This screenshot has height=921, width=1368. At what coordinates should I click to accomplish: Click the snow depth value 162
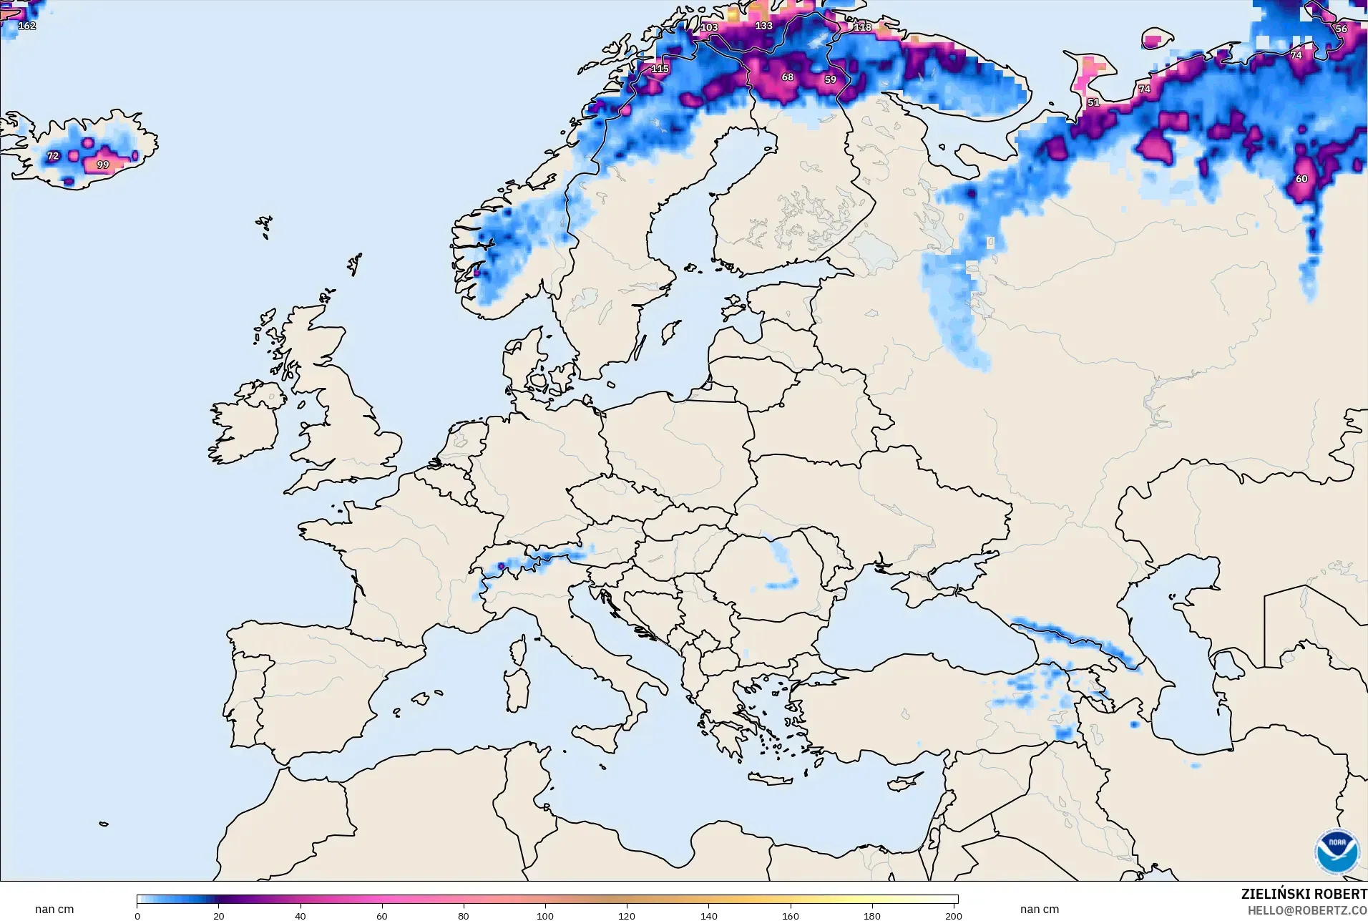26,26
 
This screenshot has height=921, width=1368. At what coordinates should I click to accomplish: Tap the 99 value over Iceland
103,165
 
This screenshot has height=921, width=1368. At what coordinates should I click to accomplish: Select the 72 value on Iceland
53,156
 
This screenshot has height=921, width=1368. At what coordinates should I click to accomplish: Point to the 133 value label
763,26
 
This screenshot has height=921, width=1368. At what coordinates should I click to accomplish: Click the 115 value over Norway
660,69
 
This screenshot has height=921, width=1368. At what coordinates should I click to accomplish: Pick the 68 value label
787,77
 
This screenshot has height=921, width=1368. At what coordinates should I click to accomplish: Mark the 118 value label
862,27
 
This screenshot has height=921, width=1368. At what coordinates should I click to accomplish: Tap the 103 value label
708,27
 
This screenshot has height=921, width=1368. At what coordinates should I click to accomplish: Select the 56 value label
1341,29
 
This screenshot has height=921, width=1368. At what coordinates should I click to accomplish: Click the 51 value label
1093,102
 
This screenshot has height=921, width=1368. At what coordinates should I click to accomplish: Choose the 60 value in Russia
1301,179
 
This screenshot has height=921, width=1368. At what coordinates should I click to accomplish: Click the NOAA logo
1337,852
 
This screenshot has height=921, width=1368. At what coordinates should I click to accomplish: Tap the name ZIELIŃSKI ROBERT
1304,894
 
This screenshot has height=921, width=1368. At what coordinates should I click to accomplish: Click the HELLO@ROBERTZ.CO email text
1307,910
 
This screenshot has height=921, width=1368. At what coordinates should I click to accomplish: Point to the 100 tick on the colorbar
545,915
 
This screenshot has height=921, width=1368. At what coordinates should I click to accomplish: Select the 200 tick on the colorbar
953,915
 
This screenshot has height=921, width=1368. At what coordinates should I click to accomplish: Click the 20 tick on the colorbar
219,915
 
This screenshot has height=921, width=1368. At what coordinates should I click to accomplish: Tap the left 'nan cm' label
54,909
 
